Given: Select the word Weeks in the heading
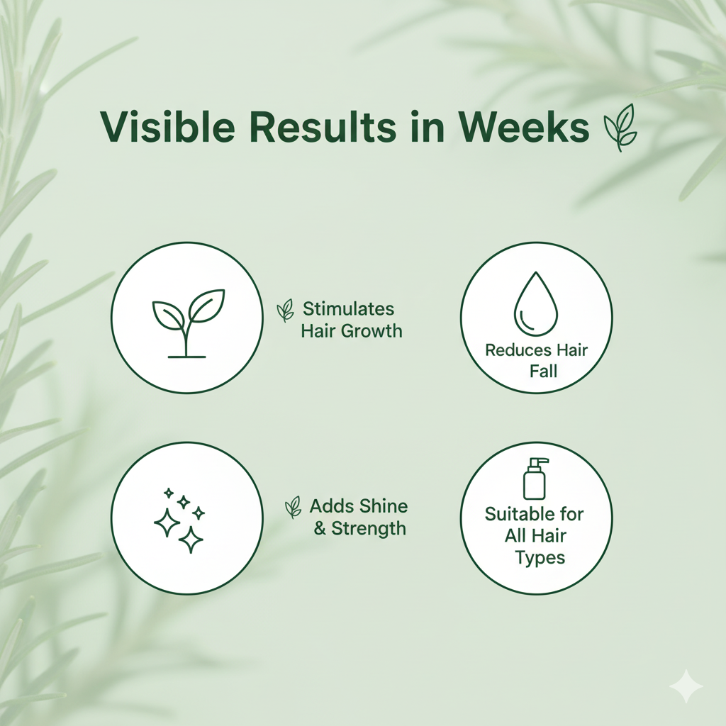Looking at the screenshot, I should [523, 128].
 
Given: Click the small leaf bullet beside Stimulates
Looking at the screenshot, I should [285, 309].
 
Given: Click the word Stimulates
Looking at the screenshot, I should [348, 309].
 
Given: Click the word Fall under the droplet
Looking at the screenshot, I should [543, 370].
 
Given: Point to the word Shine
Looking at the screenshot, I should [383, 506].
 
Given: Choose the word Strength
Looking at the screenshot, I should [369, 528].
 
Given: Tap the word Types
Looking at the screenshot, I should [540, 558].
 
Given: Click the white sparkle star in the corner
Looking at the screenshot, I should [686, 686].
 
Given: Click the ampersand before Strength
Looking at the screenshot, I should [319, 529].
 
